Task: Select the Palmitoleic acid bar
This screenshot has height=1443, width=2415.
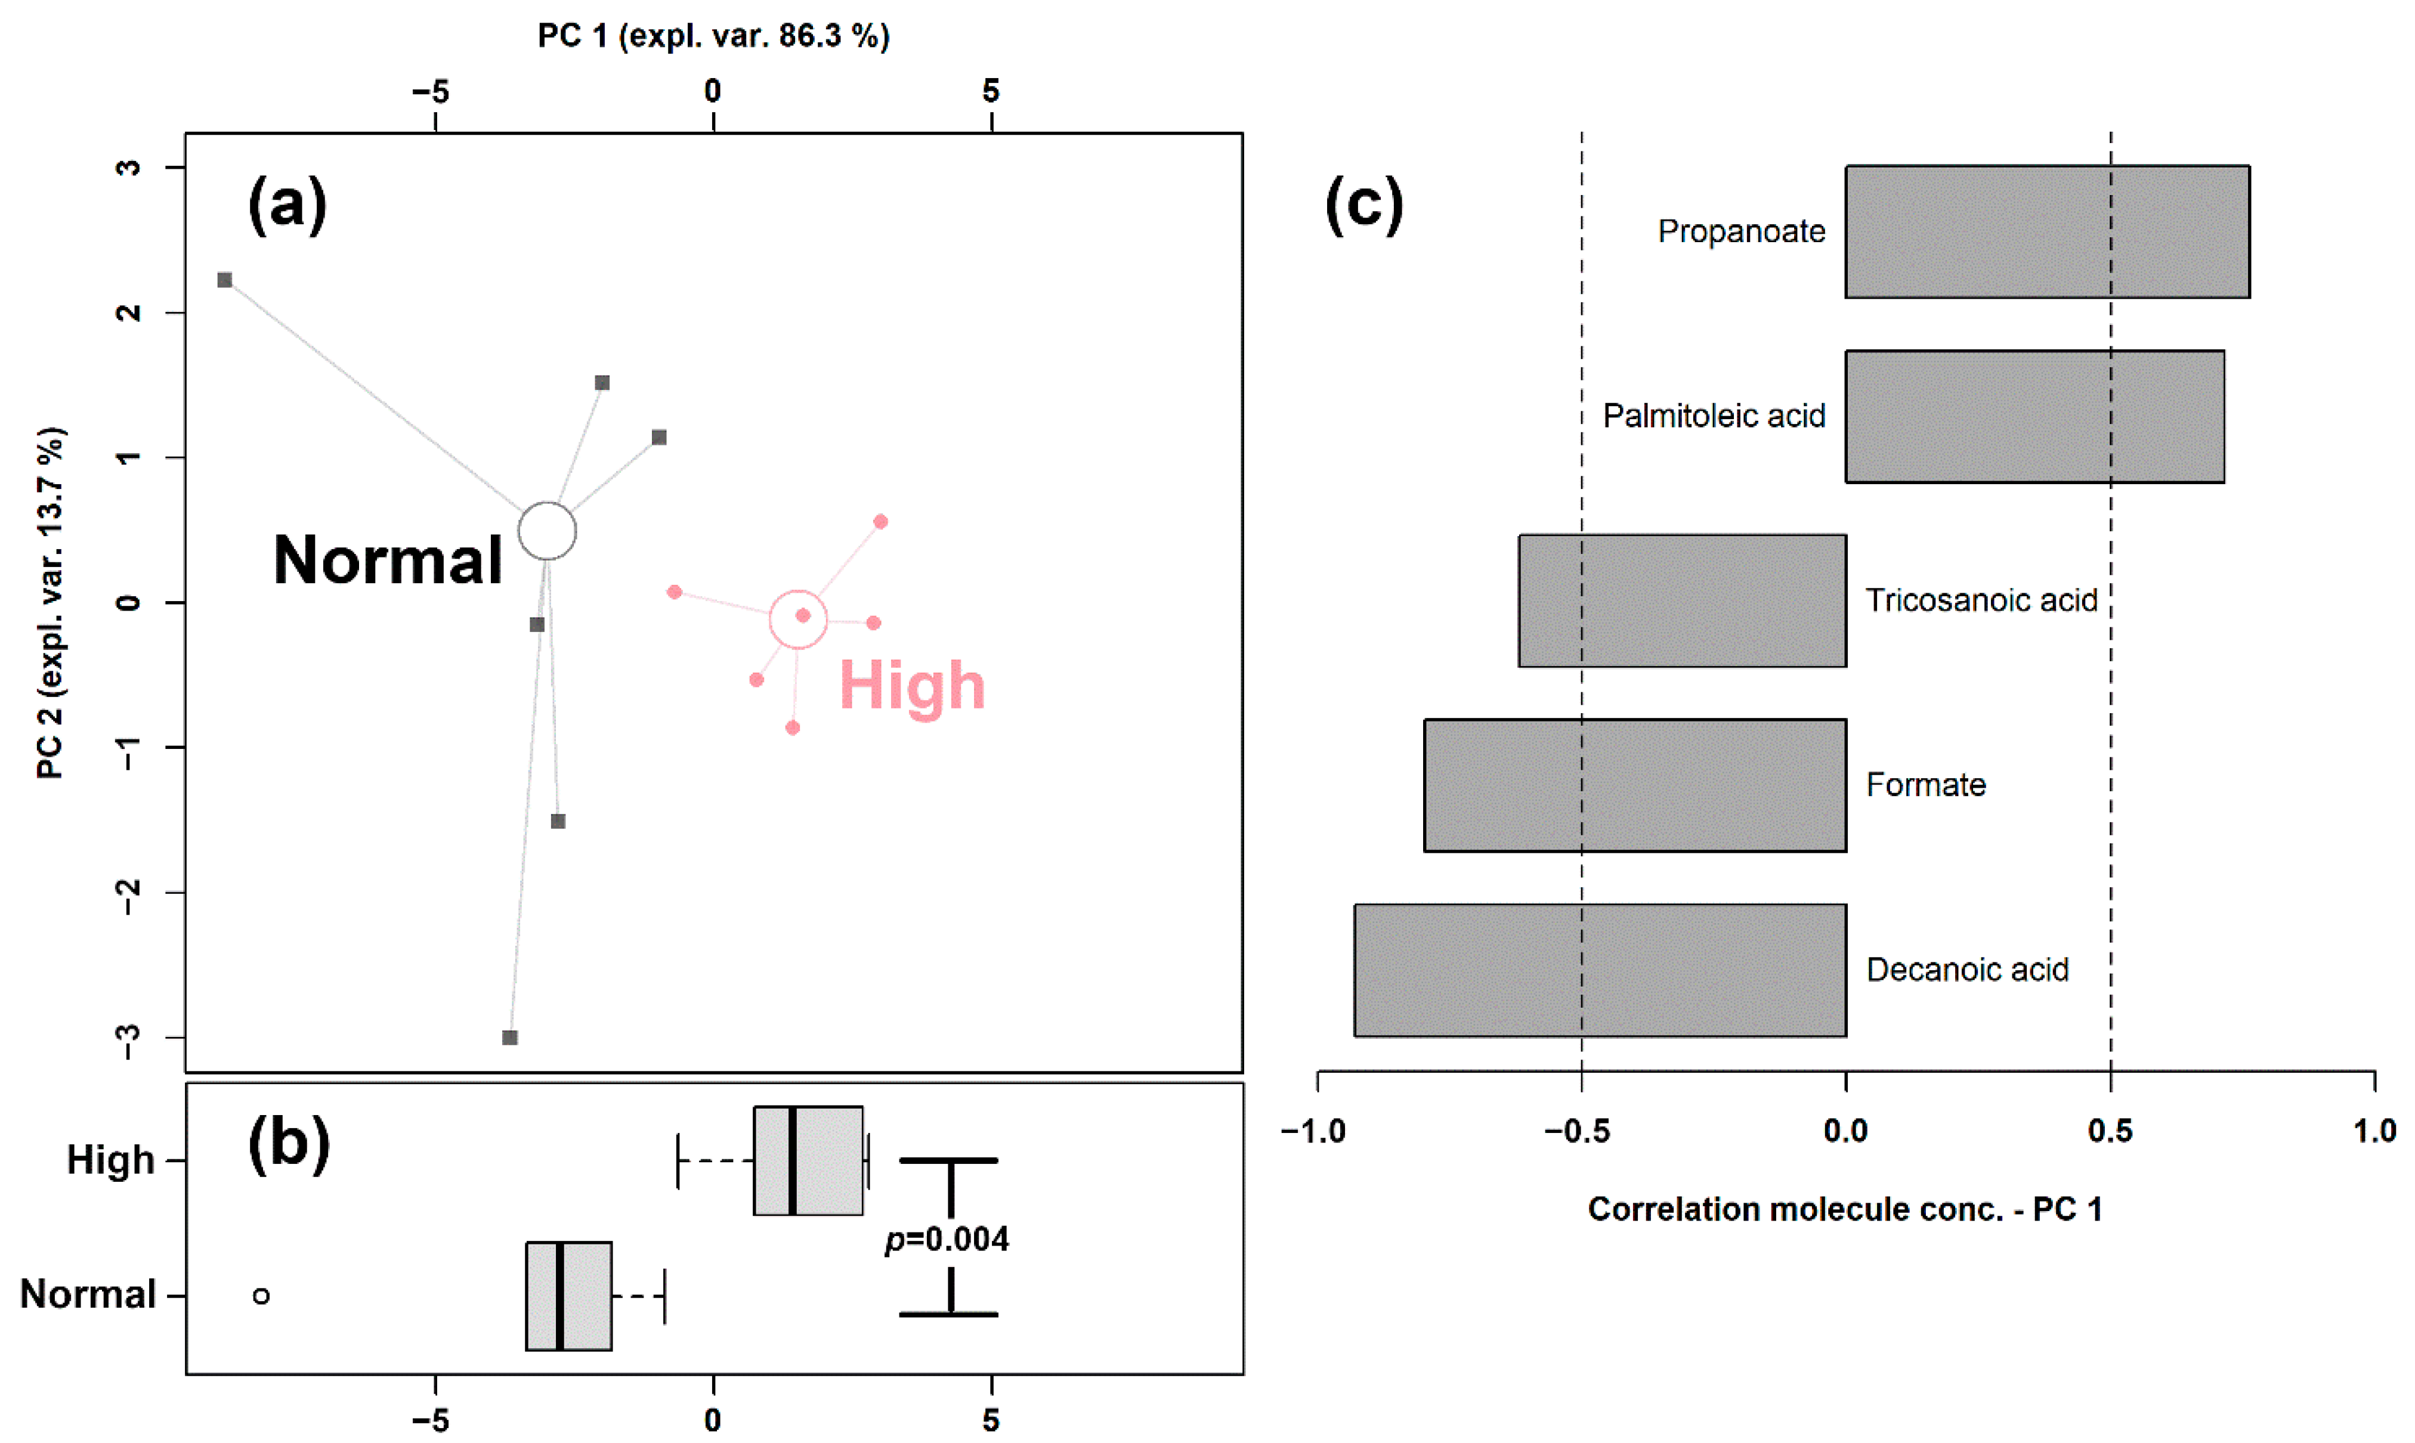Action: pos(2034,416)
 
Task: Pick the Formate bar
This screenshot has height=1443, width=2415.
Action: pos(1634,786)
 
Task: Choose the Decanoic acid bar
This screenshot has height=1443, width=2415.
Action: pos(1600,970)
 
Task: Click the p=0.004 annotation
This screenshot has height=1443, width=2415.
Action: pos(947,1240)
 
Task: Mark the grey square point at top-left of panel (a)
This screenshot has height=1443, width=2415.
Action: pos(225,280)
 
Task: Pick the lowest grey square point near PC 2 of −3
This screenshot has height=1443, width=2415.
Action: pos(509,1038)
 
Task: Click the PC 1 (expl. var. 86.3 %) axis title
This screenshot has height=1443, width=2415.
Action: pos(713,36)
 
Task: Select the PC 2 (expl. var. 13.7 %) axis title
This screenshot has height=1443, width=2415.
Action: pos(51,603)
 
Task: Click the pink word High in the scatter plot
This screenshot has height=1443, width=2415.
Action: pos(911,686)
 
